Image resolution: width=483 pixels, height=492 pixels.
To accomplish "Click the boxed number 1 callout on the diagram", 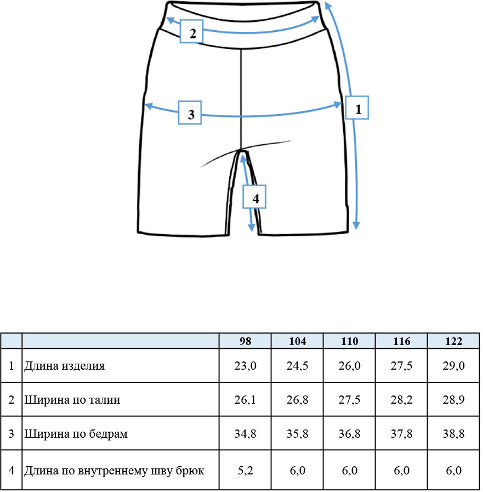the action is [357, 108].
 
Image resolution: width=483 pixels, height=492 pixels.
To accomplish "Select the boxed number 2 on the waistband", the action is [192, 31].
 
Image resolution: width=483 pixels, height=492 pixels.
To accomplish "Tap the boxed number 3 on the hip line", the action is [190, 112].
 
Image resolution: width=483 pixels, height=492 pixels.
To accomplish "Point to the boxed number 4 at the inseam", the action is [254, 197].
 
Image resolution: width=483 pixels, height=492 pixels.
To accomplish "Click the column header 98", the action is [245, 341].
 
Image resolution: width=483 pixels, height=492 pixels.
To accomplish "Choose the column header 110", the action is [349, 341].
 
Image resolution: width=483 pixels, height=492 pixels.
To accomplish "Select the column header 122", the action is [453, 341].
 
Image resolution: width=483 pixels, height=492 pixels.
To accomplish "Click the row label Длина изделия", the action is [64, 366].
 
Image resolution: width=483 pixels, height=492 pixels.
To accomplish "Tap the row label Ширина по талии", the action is [72, 400].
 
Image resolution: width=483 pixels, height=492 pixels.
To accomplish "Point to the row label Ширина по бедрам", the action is [76, 434].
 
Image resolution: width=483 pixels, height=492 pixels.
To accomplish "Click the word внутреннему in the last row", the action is [113, 471].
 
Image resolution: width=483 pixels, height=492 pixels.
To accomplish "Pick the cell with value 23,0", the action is [245, 366].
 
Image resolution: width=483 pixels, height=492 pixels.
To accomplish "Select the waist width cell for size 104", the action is [297, 400].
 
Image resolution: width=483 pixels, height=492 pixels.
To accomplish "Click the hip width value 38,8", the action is [453, 434].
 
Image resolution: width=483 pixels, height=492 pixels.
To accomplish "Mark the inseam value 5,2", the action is [245, 471].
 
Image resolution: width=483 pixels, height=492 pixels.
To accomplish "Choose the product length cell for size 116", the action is [401, 366].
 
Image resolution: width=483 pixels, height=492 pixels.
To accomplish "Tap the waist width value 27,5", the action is [349, 400].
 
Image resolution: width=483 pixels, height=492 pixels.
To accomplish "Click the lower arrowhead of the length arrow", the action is [356, 225].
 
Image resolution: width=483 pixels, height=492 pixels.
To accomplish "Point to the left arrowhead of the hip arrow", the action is [149, 106].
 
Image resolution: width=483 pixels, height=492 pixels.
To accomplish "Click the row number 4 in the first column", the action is [12, 471].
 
